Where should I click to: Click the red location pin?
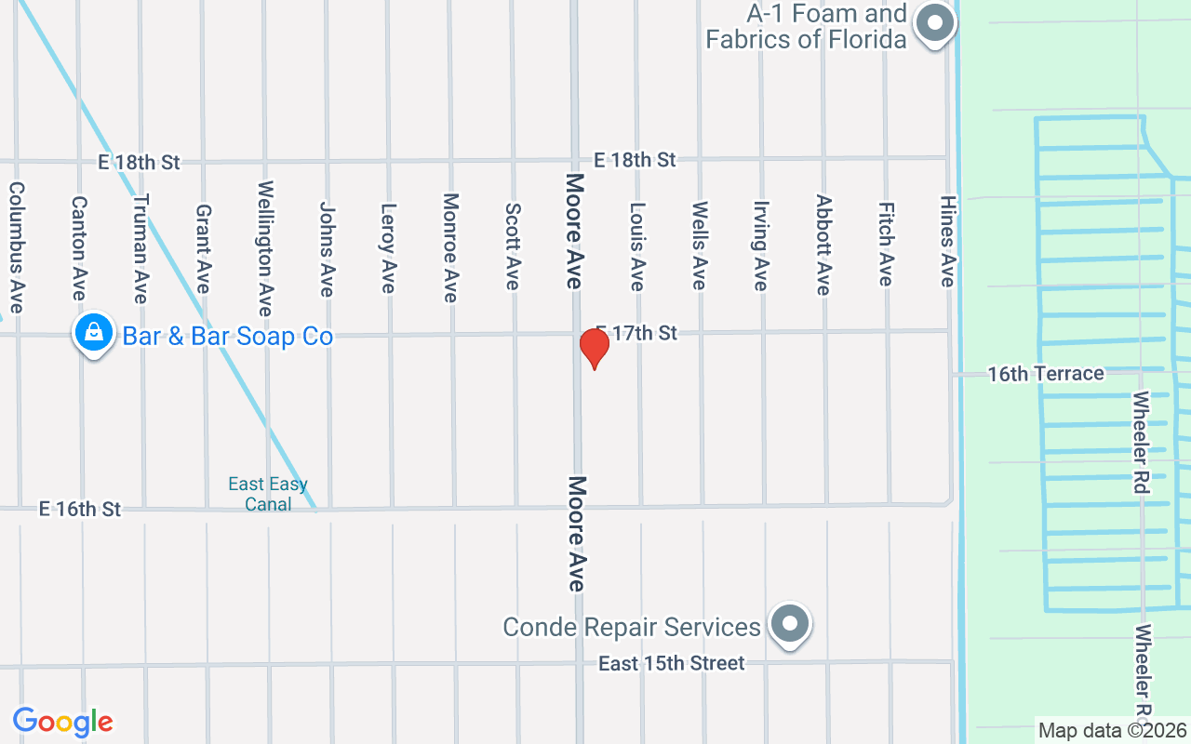(594, 348)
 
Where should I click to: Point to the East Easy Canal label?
(268, 494)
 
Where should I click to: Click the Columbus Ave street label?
(16, 246)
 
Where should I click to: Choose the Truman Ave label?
(141, 248)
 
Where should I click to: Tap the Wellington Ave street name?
(265, 248)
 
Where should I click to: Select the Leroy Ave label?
(389, 248)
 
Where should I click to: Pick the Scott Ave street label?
(512, 246)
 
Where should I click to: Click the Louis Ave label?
(637, 246)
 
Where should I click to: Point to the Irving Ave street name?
(761, 246)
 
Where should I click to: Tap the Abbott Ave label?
(823, 245)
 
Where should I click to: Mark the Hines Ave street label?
(947, 241)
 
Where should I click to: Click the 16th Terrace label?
(1045, 374)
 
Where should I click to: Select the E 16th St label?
(80, 510)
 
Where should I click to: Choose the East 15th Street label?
(671, 664)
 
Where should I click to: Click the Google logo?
(63, 722)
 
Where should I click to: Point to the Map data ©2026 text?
(1113, 731)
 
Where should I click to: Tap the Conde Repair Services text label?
(632, 628)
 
